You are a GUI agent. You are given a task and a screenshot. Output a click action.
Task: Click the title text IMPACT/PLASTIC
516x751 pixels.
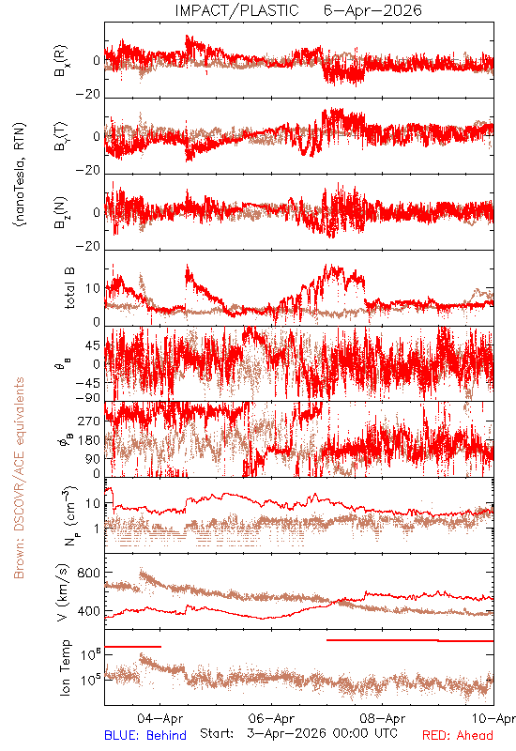[x=237, y=10]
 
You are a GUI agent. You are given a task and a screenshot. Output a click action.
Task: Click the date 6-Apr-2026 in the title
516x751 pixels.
[x=372, y=10]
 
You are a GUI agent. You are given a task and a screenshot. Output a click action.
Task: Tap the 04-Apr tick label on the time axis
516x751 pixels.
[x=159, y=718]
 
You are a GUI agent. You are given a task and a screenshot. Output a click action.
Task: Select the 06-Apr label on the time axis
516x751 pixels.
[x=271, y=718]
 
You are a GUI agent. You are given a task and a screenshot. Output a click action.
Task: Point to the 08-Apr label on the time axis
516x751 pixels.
[x=383, y=718]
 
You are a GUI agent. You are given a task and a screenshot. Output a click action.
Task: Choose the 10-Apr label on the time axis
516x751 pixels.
[x=493, y=718]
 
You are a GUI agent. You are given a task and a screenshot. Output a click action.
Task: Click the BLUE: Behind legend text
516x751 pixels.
[x=145, y=735]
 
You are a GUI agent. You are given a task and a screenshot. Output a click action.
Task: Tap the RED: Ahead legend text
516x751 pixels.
[x=458, y=735]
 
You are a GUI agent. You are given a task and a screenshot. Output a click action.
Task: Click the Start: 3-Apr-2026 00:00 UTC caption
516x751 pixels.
[x=298, y=733]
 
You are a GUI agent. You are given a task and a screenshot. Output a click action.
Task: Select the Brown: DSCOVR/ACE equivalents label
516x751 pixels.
[x=19, y=478]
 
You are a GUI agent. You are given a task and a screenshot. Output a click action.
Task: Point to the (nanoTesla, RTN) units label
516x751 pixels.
[x=20, y=175]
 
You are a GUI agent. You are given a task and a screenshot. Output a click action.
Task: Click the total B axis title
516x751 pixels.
[x=69, y=288]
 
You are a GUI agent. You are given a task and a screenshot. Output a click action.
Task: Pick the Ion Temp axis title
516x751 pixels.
[x=65, y=667]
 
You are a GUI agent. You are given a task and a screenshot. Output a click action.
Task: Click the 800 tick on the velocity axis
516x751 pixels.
[x=88, y=573]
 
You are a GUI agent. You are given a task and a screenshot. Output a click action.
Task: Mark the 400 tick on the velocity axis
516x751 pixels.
[x=88, y=611]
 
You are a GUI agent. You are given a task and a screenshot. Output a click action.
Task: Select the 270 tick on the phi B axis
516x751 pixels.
[x=90, y=421]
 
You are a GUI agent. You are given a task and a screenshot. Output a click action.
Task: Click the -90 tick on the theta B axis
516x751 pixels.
[x=88, y=398]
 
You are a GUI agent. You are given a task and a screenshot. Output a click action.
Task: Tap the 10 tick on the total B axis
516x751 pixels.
[x=93, y=288]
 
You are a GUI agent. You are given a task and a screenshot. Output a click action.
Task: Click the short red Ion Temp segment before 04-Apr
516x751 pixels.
[x=132, y=647]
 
